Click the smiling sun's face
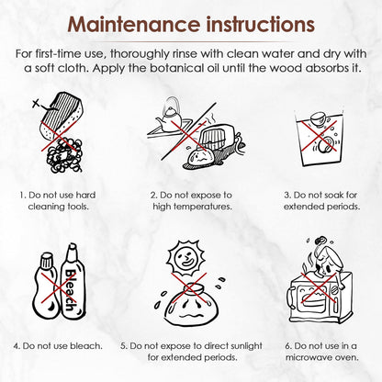[185, 259]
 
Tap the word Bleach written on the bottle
[71, 289]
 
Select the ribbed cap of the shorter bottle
[47, 260]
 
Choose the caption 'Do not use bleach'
[58, 346]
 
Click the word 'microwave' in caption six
[308, 357]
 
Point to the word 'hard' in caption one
[85, 195]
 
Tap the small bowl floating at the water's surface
[317, 119]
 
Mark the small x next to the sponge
[36, 104]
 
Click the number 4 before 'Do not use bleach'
[16, 346]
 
